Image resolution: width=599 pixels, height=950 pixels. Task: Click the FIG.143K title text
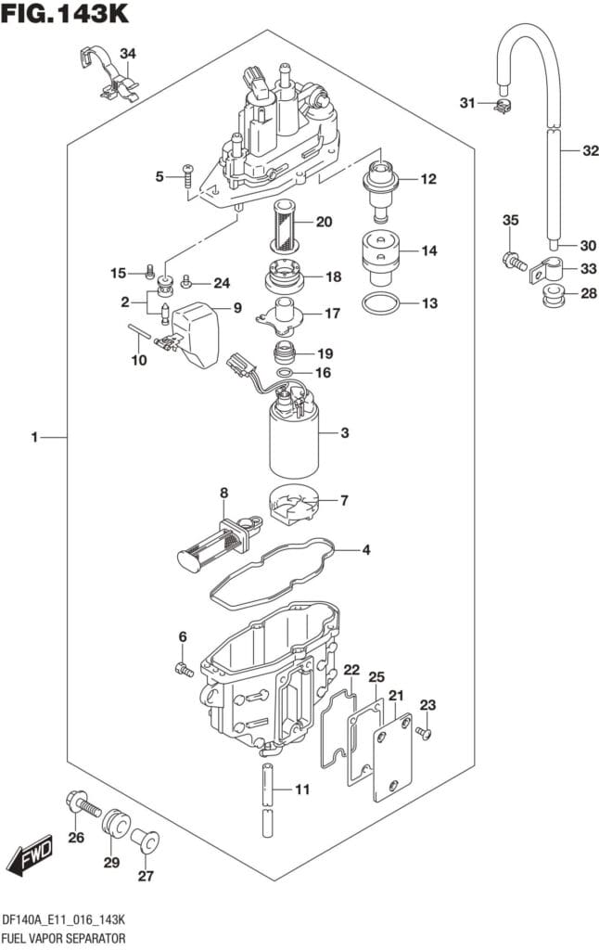click(64, 14)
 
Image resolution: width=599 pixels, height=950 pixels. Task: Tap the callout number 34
click(127, 52)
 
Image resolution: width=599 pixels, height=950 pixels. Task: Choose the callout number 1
click(34, 437)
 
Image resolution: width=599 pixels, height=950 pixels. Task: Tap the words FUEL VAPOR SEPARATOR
click(63, 938)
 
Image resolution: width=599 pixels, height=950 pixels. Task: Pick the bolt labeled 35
click(511, 263)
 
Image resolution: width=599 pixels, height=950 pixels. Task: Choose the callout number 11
click(302, 790)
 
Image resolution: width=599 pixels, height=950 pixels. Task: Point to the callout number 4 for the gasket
click(366, 550)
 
